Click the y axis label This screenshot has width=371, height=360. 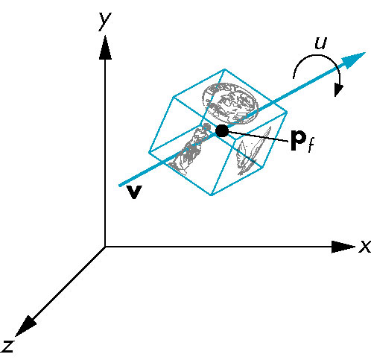point(105,22)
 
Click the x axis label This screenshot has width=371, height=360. point(365,247)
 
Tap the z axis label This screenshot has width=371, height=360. point(7,346)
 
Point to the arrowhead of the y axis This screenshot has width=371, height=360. point(105,48)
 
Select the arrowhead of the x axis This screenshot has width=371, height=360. point(343,247)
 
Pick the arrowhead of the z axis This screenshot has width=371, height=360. point(25,326)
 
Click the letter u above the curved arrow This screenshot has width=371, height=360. point(320,43)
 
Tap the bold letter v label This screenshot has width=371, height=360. point(134,192)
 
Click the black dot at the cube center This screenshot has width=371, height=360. point(222,131)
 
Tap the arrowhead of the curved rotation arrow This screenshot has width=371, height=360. point(338,90)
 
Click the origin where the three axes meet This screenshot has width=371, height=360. point(105,247)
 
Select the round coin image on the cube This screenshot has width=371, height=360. point(230,104)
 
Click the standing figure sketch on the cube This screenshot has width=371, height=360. point(190,150)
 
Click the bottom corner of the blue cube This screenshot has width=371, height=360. point(212,195)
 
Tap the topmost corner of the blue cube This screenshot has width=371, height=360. point(225,69)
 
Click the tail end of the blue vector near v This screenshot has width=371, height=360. point(120,186)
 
